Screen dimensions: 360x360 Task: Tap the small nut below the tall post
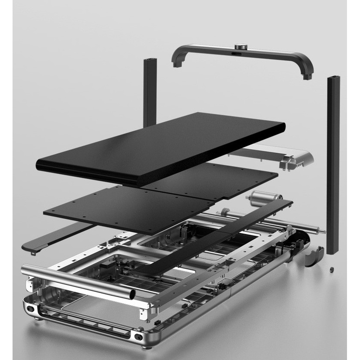click(330, 270)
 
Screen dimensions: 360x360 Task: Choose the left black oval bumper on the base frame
click(30, 308)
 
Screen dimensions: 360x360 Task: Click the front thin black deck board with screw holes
click(130, 209)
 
